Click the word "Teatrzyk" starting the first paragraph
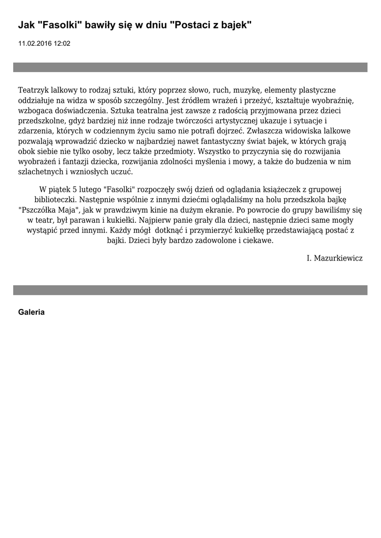(x=34, y=90)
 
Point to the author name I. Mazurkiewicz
(x=334, y=258)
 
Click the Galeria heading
(x=31, y=312)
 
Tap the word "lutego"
(x=89, y=189)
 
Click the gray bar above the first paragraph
(x=190, y=67)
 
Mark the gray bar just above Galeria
(x=190, y=290)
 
